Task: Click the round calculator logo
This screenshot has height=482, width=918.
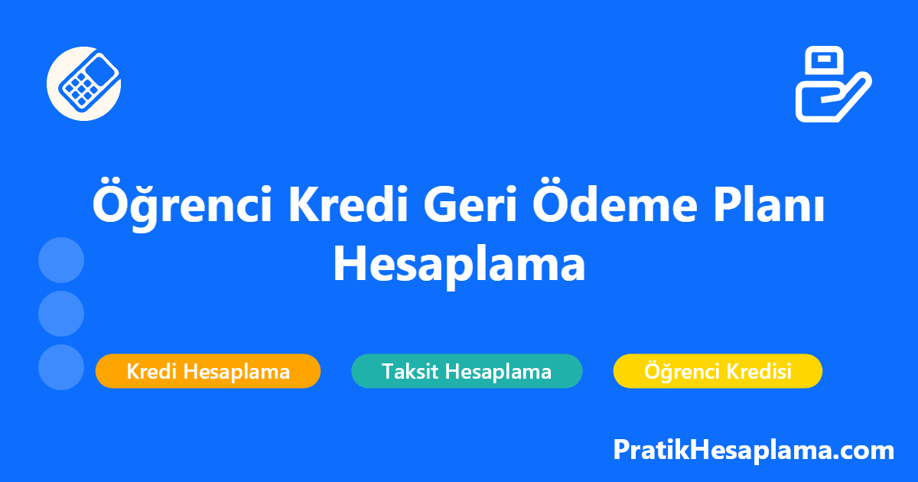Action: tap(83, 83)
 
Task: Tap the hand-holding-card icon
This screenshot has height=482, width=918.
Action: tap(834, 84)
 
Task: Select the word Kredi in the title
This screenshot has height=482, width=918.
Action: tap(348, 204)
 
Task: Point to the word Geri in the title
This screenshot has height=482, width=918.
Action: tap(470, 204)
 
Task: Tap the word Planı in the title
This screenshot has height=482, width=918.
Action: tap(770, 204)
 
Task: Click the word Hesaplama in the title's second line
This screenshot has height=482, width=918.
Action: tap(460, 265)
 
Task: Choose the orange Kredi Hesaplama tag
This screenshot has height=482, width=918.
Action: tap(208, 371)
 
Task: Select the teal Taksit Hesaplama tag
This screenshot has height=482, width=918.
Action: tap(467, 371)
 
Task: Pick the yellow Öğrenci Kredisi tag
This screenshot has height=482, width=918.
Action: tap(718, 371)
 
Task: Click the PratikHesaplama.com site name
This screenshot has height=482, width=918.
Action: tap(754, 451)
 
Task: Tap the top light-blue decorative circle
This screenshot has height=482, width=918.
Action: tap(61, 260)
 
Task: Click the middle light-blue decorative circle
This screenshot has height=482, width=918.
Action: tap(61, 314)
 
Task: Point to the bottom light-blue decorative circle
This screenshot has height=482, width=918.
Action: tap(61, 367)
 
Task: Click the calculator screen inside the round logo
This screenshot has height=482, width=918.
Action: tap(100, 71)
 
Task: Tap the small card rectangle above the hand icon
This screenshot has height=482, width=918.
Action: tap(824, 60)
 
